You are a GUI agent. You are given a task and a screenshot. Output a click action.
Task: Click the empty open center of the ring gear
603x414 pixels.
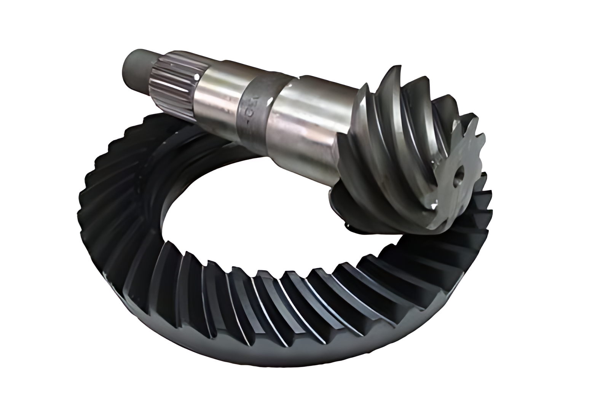pos(244,198)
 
